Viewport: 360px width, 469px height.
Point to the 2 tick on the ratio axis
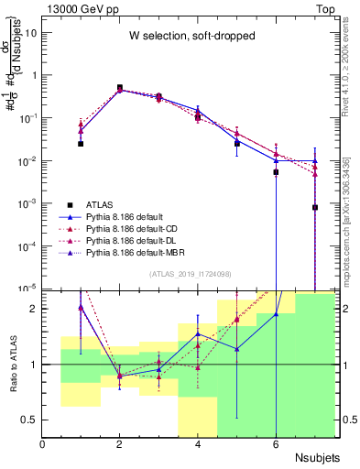coord(33,309)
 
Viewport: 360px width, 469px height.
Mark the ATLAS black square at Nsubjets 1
coord(81,144)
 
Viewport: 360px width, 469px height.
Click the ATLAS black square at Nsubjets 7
coord(315,208)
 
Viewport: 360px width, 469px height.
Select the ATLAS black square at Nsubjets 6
coord(276,172)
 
